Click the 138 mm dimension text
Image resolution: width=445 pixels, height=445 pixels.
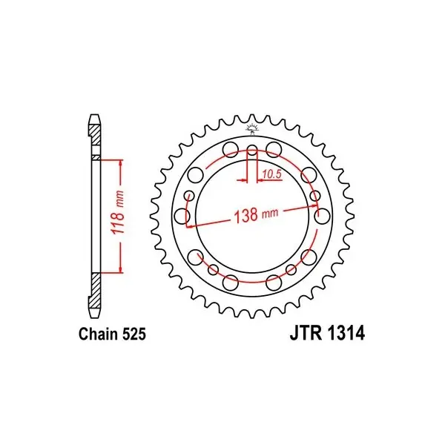coord(256,215)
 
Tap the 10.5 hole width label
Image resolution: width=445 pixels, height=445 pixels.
coord(271,174)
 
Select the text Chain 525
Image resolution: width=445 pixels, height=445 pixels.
coord(113,334)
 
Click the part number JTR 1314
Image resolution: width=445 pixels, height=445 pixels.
coord(327,333)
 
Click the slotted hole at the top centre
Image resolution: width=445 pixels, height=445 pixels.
coord(252,151)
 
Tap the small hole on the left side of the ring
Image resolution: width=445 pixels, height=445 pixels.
coord(189,196)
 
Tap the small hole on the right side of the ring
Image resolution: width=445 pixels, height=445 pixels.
coord(314,196)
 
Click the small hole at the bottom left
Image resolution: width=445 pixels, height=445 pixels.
coord(213,270)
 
